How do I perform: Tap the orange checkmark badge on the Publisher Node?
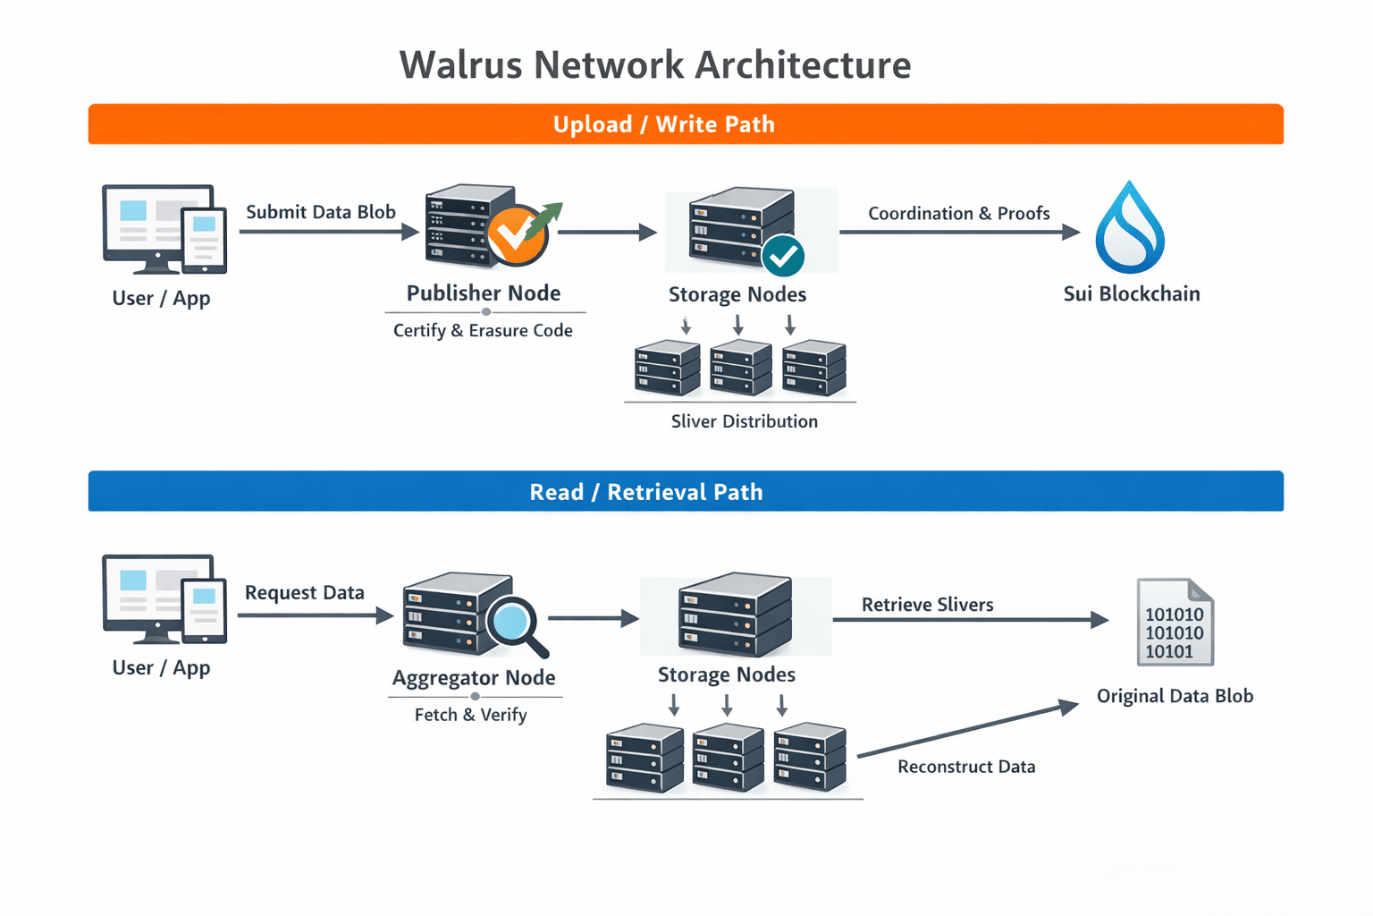pyautogui.click(x=516, y=235)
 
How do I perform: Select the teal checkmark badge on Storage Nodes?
pyautogui.click(x=783, y=257)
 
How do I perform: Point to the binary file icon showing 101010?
pyautogui.click(x=1175, y=623)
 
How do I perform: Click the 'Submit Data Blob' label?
pyautogui.click(x=321, y=212)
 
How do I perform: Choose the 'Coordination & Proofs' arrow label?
pyautogui.click(x=958, y=214)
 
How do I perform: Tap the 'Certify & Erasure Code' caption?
pyautogui.click(x=483, y=331)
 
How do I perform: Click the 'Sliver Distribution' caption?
pyautogui.click(x=744, y=421)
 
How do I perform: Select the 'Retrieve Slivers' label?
pyautogui.click(x=927, y=605)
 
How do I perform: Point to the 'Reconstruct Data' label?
pyautogui.click(x=966, y=767)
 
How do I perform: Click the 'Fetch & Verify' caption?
pyautogui.click(x=470, y=715)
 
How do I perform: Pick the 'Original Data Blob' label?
pyautogui.click(x=1175, y=696)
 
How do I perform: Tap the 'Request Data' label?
pyautogui.click(x=304, y=593)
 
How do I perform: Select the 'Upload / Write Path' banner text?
pyautogui.click(x=663, y=124)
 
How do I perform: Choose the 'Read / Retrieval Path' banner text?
pyautogui.click(x=645, y=492)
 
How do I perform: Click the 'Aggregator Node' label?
pyautogui.click(x=474, y=678)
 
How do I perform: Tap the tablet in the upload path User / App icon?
pyautogui.click(x=205, y=240)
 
